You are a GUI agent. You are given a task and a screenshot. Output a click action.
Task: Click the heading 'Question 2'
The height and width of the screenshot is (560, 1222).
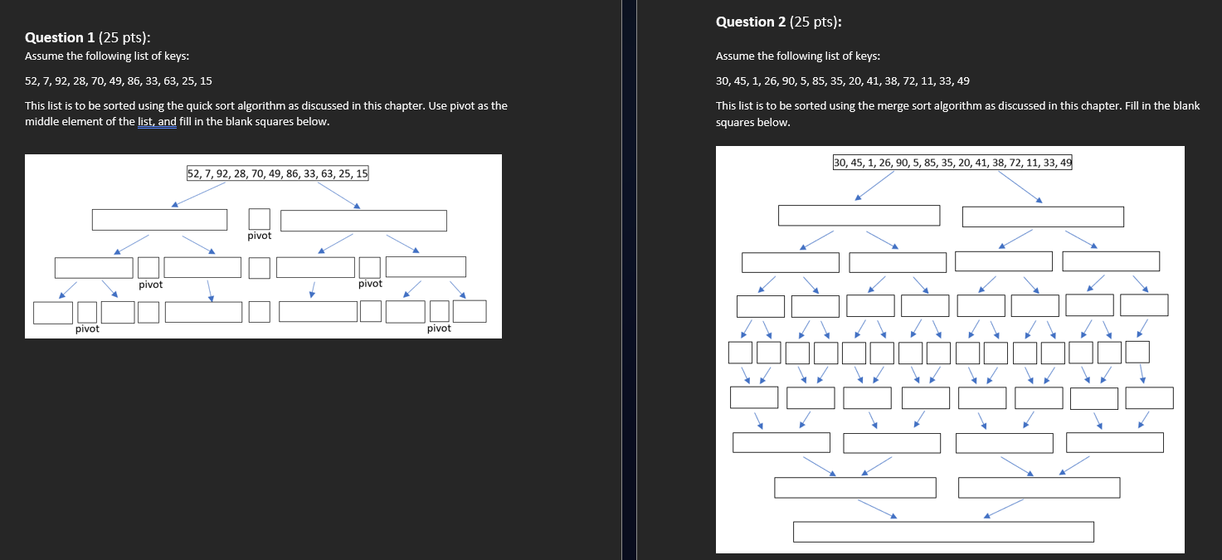coord(752,22)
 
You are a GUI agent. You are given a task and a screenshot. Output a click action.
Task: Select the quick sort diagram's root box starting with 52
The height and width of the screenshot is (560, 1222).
coord(278,173)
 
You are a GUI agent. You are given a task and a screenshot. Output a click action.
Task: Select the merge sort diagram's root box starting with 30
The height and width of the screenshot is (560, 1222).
coord(952,163)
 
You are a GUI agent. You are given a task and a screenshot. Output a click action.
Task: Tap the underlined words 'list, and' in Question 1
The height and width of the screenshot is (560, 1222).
coord(157,122)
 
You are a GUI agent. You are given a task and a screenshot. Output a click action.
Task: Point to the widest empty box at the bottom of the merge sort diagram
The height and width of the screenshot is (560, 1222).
coord(943,532)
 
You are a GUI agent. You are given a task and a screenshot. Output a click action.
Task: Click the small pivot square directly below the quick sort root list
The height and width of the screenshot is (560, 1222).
coord(260,219)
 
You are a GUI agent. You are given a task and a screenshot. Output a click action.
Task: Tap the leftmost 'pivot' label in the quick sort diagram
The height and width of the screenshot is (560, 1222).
coord(87,329)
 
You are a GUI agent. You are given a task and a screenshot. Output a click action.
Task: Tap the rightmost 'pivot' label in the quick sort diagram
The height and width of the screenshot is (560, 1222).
coord(439,329)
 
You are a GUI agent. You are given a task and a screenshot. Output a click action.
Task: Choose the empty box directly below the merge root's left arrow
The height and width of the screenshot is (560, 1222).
coord(859,216)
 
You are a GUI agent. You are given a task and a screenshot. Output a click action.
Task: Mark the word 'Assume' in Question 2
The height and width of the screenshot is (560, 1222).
coord(734,56)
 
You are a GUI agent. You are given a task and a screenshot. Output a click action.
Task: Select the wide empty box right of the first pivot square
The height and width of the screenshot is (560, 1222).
coord(363,221)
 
